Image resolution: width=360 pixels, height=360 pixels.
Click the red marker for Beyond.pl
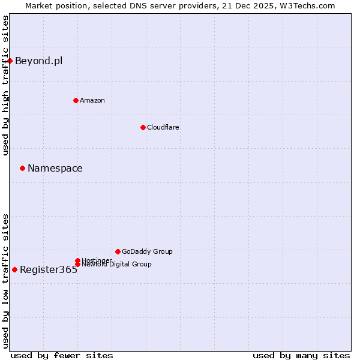[x=10, y=61]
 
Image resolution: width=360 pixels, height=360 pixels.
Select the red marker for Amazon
[x=76, y=100]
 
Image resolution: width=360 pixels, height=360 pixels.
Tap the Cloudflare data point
[x=143, y=127]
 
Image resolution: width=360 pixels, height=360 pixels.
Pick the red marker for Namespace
[x=22, y=168]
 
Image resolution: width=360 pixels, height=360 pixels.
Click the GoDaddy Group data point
[x=118, y=251]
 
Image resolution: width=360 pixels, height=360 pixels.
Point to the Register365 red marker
[x=14, y=269]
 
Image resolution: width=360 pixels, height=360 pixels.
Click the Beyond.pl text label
[x=38, y=61]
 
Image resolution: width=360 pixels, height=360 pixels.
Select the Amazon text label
[x=92, y=100]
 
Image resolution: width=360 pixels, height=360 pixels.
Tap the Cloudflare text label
[x=163, y=127]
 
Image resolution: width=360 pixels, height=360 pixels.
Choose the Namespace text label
[x=55, y=168]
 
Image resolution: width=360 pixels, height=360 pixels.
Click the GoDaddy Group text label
[x=147, y=251]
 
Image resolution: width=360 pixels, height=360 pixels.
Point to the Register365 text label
[x=49, y=269]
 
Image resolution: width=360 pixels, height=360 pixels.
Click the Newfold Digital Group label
[x=116, y=264]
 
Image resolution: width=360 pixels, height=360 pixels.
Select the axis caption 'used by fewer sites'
[x=62, y=355]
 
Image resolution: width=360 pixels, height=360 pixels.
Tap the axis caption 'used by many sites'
[x=301, y=355]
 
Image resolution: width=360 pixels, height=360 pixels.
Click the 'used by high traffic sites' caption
[x=5, y=85]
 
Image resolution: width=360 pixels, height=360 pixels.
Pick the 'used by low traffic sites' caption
[x=5, y=281]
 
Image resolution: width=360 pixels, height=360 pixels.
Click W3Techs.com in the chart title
[x=305, y=5]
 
